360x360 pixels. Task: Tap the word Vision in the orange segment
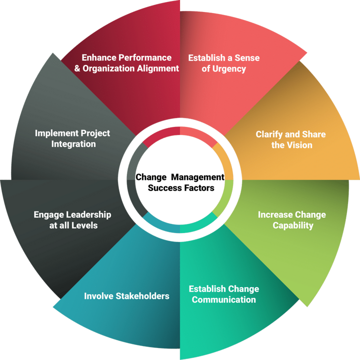(x=300, y=145)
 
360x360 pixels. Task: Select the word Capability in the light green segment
(x=293, y=225)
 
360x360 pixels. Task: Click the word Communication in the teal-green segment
(x=223, y=300)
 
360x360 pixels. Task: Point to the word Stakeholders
(x=142, y=296)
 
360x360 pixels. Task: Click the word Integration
(x=73, y=144)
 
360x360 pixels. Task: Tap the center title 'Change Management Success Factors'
(x=180, y=182)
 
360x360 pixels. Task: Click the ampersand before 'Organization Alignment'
(x=77, y=68)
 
